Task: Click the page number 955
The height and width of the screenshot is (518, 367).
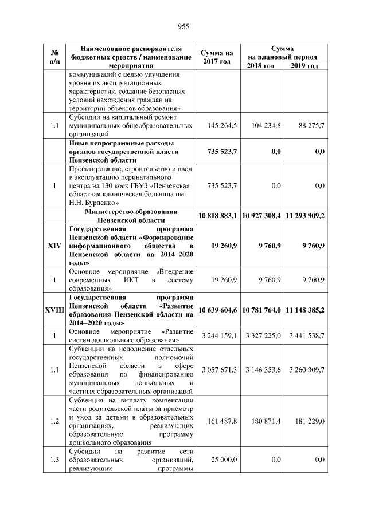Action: pyautogui.click(x=183, y=26)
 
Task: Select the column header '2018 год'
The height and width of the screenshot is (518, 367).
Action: pyautogui.click(x=260, y=66)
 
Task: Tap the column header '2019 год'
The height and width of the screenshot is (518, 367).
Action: pyautogui.click(x=304, y=66)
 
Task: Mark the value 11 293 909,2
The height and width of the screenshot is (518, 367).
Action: pyautogui.click(x=305, y=216)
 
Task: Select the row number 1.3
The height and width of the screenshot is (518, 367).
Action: pyautogui.click(x=53, y=460)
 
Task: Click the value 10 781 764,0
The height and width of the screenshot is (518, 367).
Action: pyautogui.click(x=261, y=310)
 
